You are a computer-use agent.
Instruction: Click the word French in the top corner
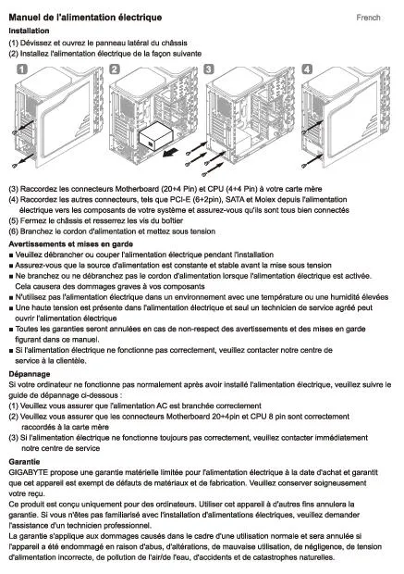pyautogui.click(x=368, y=18)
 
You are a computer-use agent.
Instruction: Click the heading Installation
pyautogui.click(x=29, y=31)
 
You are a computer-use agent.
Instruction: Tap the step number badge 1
pyautogui.click(x=22, y=69)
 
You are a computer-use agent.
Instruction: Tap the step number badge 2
pyautogui.click(x=115, y=69)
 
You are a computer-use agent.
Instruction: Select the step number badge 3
pyautogui.click(x=209, y=69)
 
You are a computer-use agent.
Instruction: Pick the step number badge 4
pyautogui.click(x=307, y=69)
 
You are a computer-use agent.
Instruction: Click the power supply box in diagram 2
pyautogui.click(x=156, y=137)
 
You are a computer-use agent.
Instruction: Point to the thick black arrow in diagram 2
pyautogui.click(x=172, y=152)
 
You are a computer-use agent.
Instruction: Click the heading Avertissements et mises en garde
pyautogui.click(x=71, y=244)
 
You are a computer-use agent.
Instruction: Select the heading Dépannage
pyautogui.click(x=30, y=374)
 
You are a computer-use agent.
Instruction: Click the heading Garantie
pyautogui.click(x=24, y=462)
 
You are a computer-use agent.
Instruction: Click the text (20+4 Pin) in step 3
pyautogui.click(x=178, y=189)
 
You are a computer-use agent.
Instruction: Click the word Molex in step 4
pyautogui.click(x=264, y=199)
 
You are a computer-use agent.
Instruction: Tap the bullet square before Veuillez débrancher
pyautogui.click(x=11, y=256)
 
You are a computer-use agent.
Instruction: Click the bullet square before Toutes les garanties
pyautogui.click(x=11, y=330)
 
